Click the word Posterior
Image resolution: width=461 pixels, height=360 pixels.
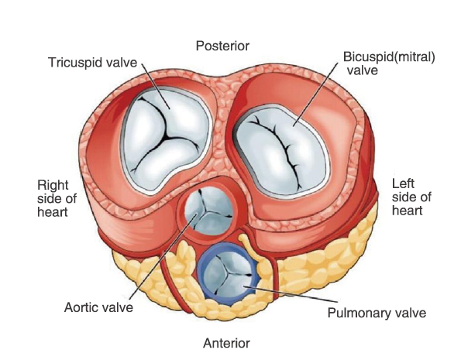222,46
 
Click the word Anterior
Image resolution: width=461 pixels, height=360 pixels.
226,343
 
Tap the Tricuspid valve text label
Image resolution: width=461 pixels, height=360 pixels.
93,63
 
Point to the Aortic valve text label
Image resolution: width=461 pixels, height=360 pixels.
98,307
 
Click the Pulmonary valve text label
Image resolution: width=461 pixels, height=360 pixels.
377,314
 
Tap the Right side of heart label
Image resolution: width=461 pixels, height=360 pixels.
57,199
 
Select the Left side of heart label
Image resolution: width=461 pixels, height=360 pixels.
411,197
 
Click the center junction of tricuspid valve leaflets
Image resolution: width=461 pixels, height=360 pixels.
167,137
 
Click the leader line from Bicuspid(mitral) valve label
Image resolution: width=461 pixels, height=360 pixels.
315,94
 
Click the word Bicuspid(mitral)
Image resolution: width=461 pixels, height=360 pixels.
389,57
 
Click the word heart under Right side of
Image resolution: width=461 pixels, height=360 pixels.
53,212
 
